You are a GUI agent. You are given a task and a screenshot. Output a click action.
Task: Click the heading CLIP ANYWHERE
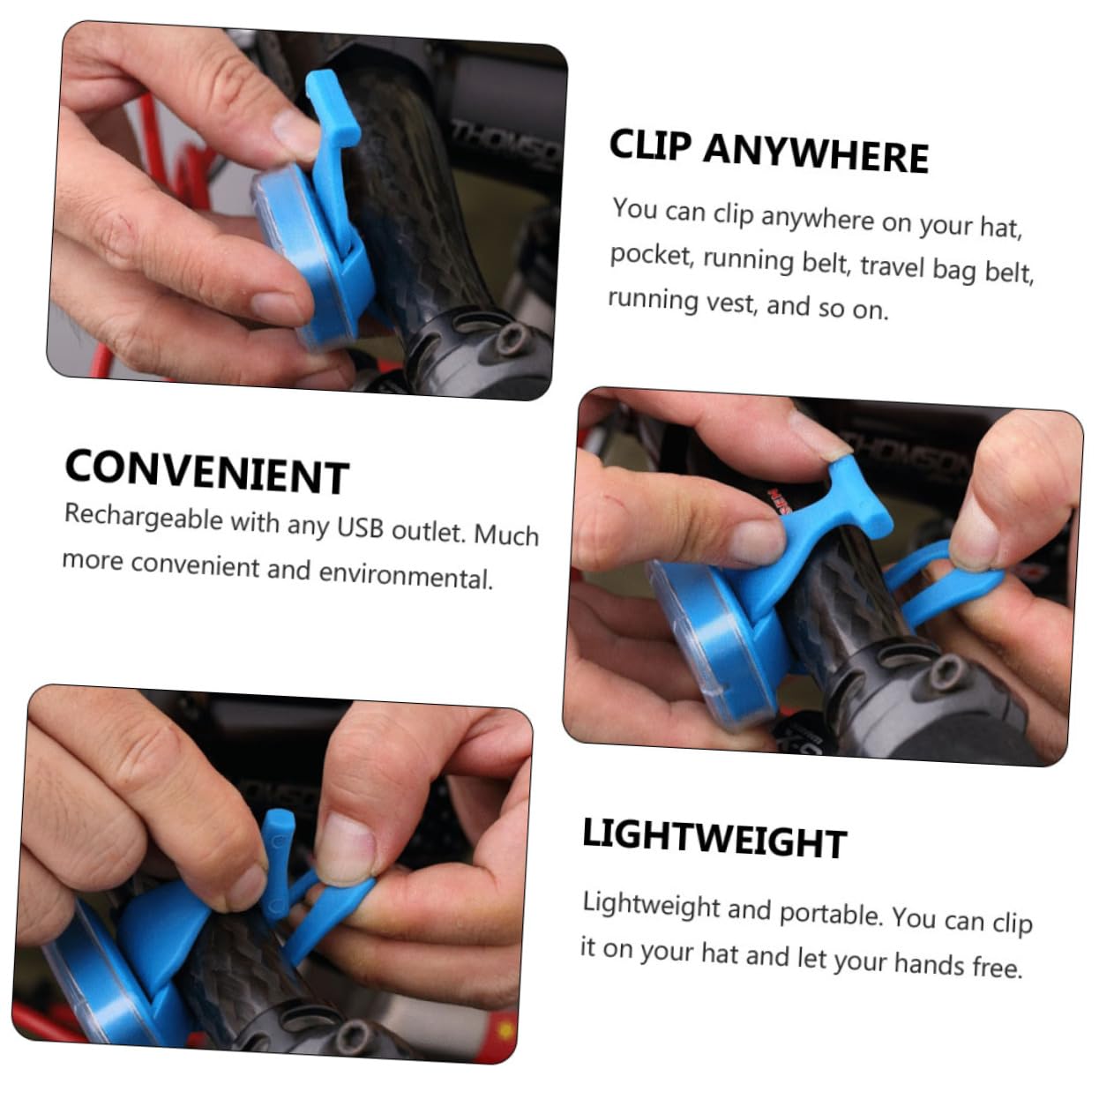(x=768, y=151)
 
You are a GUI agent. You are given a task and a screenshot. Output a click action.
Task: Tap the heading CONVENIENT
(x=206, y=472)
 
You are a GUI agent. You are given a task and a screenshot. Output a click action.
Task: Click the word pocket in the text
(x=649, y=256)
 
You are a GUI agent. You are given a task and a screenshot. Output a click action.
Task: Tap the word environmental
(x=405, y=576)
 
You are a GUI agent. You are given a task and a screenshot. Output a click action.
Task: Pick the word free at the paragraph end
(x=997, y=968)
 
